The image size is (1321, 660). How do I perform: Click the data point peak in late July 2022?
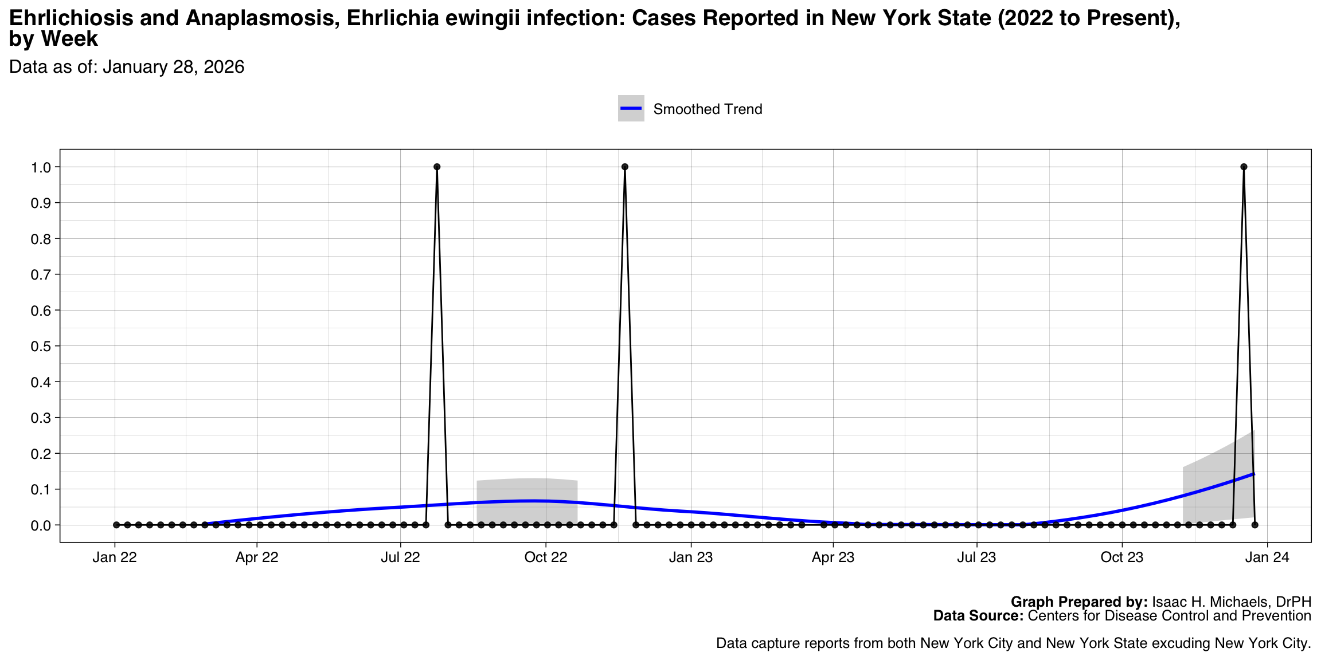(x=437, y=167)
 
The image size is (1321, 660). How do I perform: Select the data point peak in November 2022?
(x=625, y=167)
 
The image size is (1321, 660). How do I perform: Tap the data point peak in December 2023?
(x=1244, y=167)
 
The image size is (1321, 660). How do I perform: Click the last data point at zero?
(x=1255, y=525)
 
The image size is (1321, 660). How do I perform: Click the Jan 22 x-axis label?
(x=115, y=557)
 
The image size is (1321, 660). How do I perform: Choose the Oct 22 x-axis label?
(x=546, y=557)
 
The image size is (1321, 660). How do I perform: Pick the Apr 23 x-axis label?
(x=833, y=557)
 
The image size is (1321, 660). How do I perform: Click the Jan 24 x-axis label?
(x=1267, y=557)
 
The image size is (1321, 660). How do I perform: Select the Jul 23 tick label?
(x=976, y=557)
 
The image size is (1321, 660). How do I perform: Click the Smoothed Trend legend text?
(x=708, y=109)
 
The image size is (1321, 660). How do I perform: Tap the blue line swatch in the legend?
(x=631, y=109)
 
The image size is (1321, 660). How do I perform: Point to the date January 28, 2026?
(x=174, y=67)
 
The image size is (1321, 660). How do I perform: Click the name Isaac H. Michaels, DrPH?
(x=1232, y=602)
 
